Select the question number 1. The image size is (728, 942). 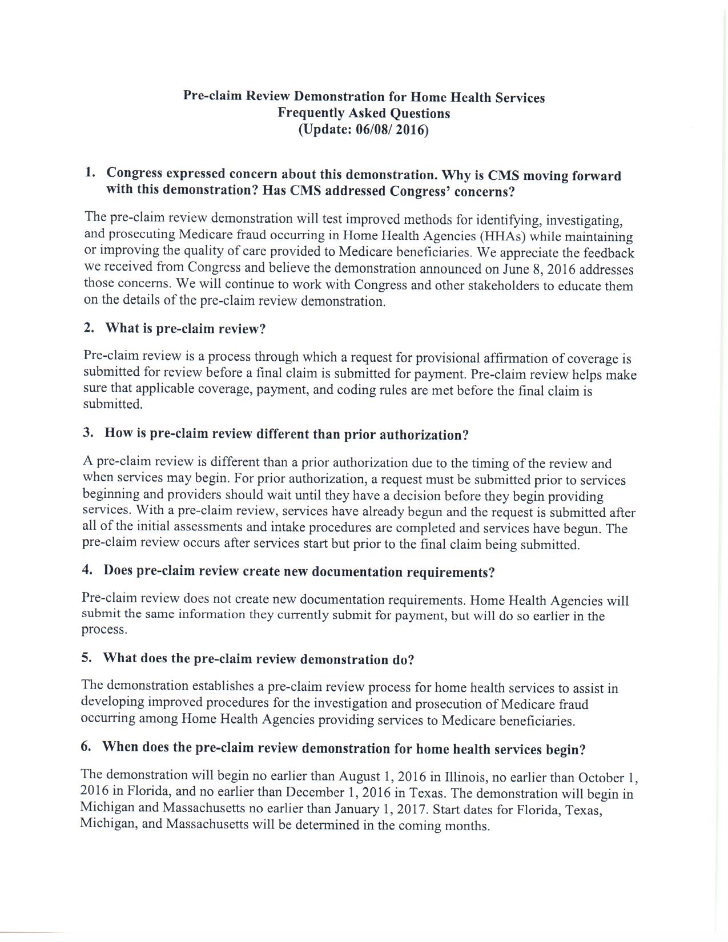tap(89, 172)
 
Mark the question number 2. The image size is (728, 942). tap(88, 328)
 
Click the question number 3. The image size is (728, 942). tap(87, 432)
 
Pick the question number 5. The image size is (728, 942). tap(86, 657)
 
